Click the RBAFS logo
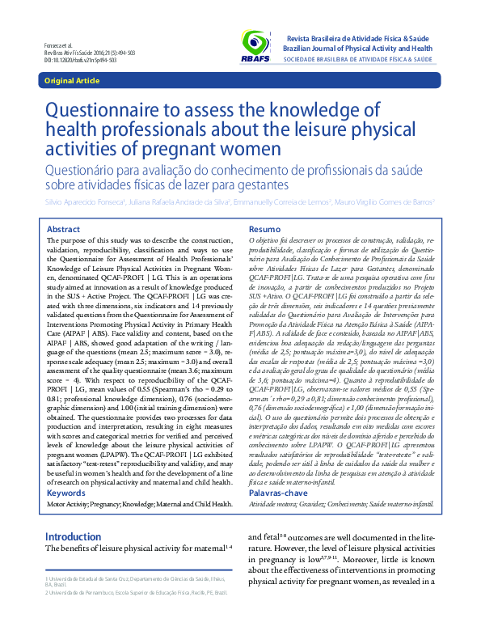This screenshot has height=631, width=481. pos(257,48)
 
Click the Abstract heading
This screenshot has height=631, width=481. pos(64,229)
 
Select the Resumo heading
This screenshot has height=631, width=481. pos(264,229)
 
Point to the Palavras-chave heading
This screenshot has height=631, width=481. pos(278,493)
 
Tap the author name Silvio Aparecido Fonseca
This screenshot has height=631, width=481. pos(80,202)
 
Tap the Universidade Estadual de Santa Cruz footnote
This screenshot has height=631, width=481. pos(135,580)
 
